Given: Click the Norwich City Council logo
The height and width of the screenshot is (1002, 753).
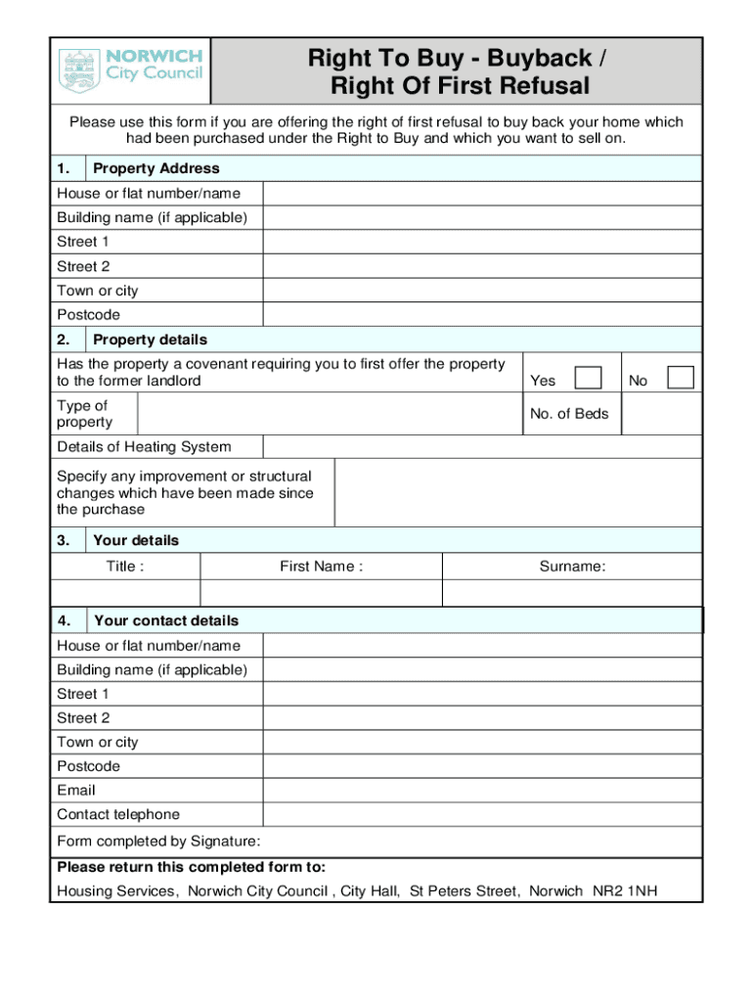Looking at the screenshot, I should (x=131, y=70).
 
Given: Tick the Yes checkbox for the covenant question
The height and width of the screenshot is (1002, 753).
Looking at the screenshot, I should (x=588, y=379).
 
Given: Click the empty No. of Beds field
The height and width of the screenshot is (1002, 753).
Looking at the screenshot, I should (x=660, y=414).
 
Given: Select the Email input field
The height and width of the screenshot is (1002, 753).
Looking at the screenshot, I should (x=481, y=791).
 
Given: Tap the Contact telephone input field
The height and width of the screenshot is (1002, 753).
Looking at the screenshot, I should (x=481, y=814).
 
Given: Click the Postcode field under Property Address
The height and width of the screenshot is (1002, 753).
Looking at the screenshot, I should (x=481, y=315).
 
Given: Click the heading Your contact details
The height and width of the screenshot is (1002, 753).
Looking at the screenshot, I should (x=165, y=620).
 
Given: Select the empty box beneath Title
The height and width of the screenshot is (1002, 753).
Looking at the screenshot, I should (x=125, y=593).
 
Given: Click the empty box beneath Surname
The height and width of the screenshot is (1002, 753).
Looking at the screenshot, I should (x=572, y=593).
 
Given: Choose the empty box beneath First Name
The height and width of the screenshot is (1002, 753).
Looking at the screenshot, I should (x=321, y=593).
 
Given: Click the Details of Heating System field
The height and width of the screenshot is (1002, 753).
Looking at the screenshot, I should (x=481, y=447).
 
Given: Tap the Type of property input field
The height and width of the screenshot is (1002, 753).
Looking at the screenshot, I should (x=330, y=414).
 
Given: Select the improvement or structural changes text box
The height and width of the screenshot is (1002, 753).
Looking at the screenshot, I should (x=517, y=493).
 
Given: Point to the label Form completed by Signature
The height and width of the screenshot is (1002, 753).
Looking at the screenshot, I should (x=158, y=842).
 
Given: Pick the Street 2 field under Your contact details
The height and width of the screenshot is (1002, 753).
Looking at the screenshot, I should (x=481, y=718).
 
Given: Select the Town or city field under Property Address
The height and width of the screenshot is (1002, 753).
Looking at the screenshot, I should (x=481, y=291).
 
